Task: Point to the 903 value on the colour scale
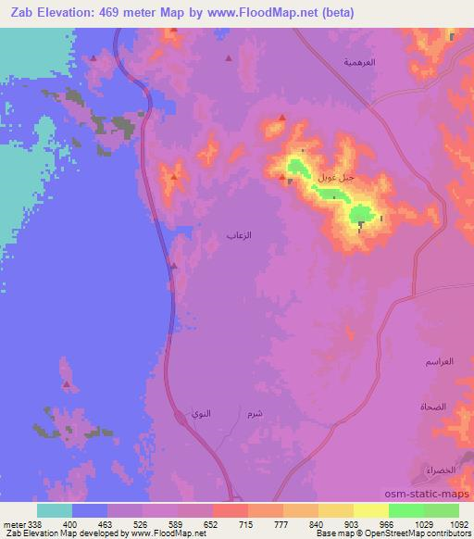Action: [x=350, y=522]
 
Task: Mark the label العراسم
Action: [x=441, y=360]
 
